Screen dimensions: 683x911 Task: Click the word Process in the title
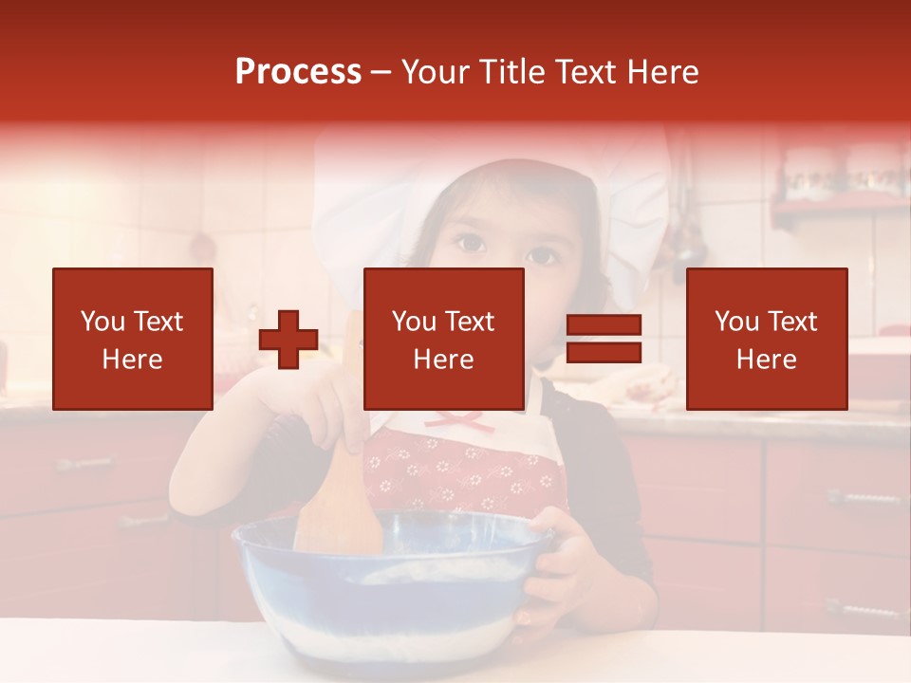coord(298,72)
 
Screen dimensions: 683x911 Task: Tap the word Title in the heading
coord(512,72)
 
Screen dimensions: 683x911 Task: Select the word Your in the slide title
coord(437,72)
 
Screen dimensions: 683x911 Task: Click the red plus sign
coord(288,340)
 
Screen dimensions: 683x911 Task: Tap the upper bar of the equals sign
coord(604,325)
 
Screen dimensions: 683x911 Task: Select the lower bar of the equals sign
coord(604,353)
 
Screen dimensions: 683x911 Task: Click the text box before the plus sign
coord(132,339)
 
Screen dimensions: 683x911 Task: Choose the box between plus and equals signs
coord(443,339)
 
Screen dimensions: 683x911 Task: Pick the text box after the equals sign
coord(766,339)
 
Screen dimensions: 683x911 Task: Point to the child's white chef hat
coord(380,199)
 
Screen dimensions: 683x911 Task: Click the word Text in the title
coord(588,72)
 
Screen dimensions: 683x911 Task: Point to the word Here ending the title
coord(664,72)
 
